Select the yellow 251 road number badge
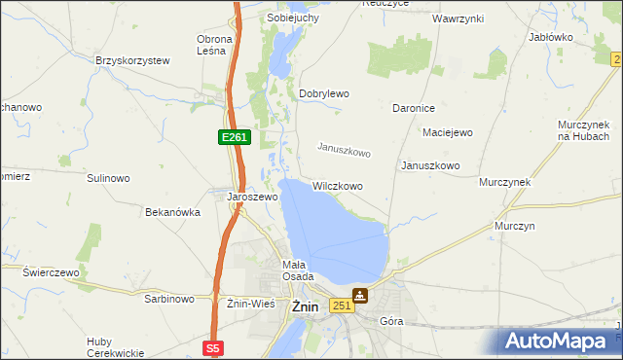pyautogui.click(x=340, y=306)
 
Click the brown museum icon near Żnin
pyautogui.click(x=360, y=296)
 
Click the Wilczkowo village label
pyautogui.click(x=338, y=186)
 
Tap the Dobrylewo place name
pyautogui.click(x=324, y=93)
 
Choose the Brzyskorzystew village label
pyautogui.click(x=132, y=60)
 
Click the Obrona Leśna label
pyautogui.click(x=214, y=45)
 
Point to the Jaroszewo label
pyautogui.click(x=253, y=197)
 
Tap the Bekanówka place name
pyautogui.click(x=172, y=212)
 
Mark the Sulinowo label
pyautogui.click(x=108, y=179)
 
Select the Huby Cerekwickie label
pyautogui.click(x=115, y=346)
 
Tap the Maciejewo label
pyautogui.click(x=447, y=132)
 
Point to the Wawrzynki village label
pyautogui.click(x=458, y=18)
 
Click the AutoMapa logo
pyautogui.click(x=559, y=341)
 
